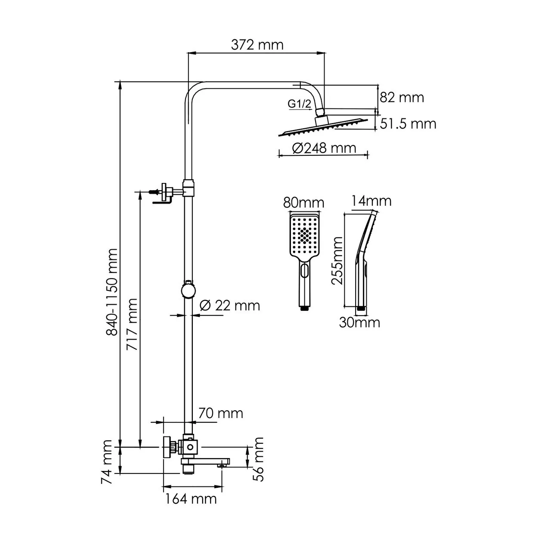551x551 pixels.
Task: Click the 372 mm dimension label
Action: point(257,44)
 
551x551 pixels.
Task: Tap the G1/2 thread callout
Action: point(299,103)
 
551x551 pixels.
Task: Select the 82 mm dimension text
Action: point(402,97)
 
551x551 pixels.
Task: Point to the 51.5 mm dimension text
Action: point(408,124)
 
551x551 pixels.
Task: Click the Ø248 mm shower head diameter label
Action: point(324,148)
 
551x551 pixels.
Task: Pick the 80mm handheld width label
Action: point(304,202)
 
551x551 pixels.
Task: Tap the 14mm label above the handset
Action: point(371,201)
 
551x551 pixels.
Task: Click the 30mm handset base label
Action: point(359,322)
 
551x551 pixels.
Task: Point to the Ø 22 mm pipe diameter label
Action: point(230,306)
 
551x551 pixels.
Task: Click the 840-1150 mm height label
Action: point(112,292)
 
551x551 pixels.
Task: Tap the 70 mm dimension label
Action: point(220,413)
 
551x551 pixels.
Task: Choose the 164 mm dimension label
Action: point(191,499)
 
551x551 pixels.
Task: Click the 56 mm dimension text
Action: point(259,459)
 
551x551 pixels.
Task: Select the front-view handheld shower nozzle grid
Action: point(305,235)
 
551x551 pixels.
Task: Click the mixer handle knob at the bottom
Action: point(167,447)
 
